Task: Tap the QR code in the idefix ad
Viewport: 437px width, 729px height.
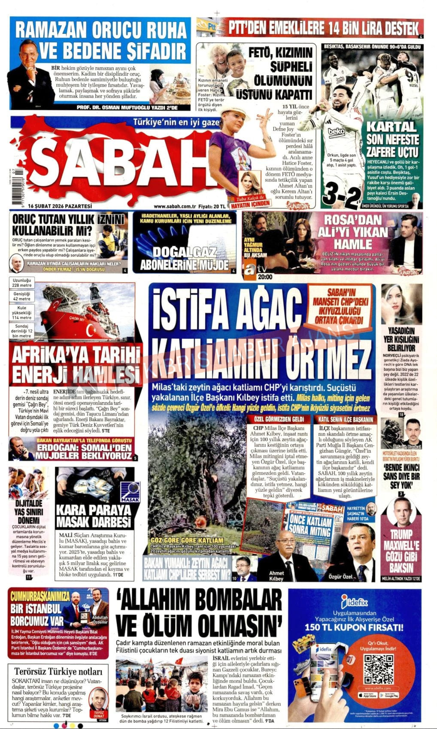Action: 378,669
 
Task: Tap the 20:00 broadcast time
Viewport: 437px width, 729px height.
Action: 265,277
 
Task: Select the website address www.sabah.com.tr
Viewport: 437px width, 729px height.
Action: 172,206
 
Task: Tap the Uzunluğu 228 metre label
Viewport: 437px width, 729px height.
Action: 22,283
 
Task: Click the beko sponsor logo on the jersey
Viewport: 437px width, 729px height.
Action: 336,132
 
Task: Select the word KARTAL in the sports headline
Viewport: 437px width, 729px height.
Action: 391,127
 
